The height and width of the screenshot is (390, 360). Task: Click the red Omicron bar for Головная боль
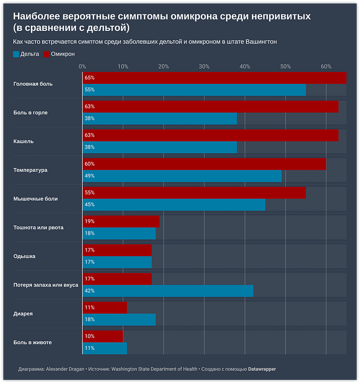coord(214,78)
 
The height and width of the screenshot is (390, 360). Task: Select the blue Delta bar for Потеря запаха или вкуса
coord(168,291)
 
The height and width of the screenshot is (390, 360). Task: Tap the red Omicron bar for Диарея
coord(105,308)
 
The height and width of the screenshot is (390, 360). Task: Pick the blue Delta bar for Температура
coord(182,176)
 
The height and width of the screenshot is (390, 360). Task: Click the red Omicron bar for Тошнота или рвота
coord(121,221)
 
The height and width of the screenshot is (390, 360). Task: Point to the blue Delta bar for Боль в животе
coord(104,348)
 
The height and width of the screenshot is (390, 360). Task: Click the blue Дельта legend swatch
coord(15,54)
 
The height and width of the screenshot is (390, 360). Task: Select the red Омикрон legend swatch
coord(46,54)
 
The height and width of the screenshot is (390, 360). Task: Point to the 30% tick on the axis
coord(204,66)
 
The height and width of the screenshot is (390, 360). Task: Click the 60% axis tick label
coord(326,66)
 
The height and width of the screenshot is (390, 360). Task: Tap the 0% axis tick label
coord(82,66)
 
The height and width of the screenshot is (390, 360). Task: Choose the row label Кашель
coord(24,141)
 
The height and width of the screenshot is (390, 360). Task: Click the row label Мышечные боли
coord(35,199)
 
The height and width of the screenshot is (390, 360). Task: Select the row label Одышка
coord(24,256)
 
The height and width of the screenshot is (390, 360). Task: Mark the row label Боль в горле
coord(30,112)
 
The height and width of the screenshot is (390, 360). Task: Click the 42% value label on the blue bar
coord(89,291)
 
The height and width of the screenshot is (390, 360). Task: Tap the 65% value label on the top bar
coord(89,78)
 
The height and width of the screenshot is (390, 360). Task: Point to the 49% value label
coord(89,176)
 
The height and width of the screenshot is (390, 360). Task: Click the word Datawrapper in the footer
coord(262,369)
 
